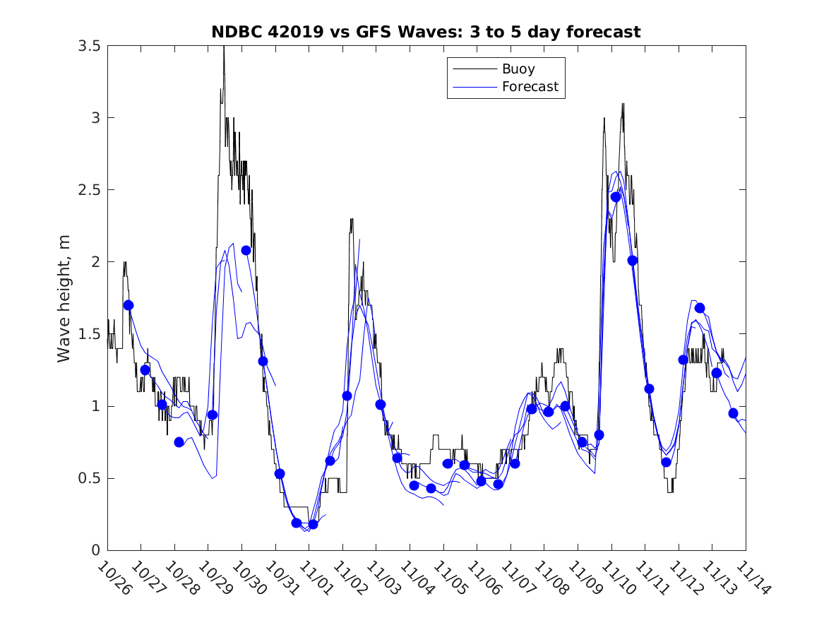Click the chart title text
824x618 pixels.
click(x=426, y=32)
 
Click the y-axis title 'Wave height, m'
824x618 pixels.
click(x=64, y=298)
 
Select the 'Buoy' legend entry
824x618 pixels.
click(x=518, y=69)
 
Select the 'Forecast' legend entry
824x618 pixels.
click(x=530, y=87)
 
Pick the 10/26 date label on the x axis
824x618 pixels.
click(x=112, y=577)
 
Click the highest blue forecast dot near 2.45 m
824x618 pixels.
click(x=616, y=197)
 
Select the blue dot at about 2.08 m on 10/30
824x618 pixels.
click(x=246, y=250)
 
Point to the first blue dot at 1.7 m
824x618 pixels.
click(x=129, y=305)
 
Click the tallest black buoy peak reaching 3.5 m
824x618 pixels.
click(x=224, y=47)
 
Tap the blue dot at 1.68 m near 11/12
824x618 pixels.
click(x=700, y=308)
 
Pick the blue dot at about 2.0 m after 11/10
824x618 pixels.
click(x=633, y=261)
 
